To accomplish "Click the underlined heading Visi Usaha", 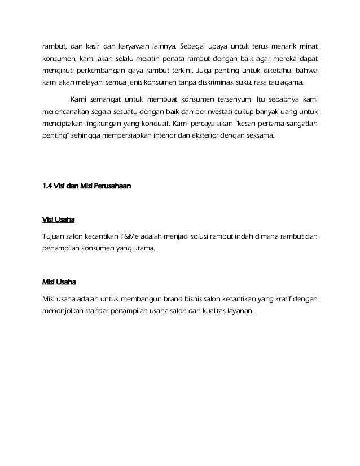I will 59,220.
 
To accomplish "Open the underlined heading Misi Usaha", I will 59,282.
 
